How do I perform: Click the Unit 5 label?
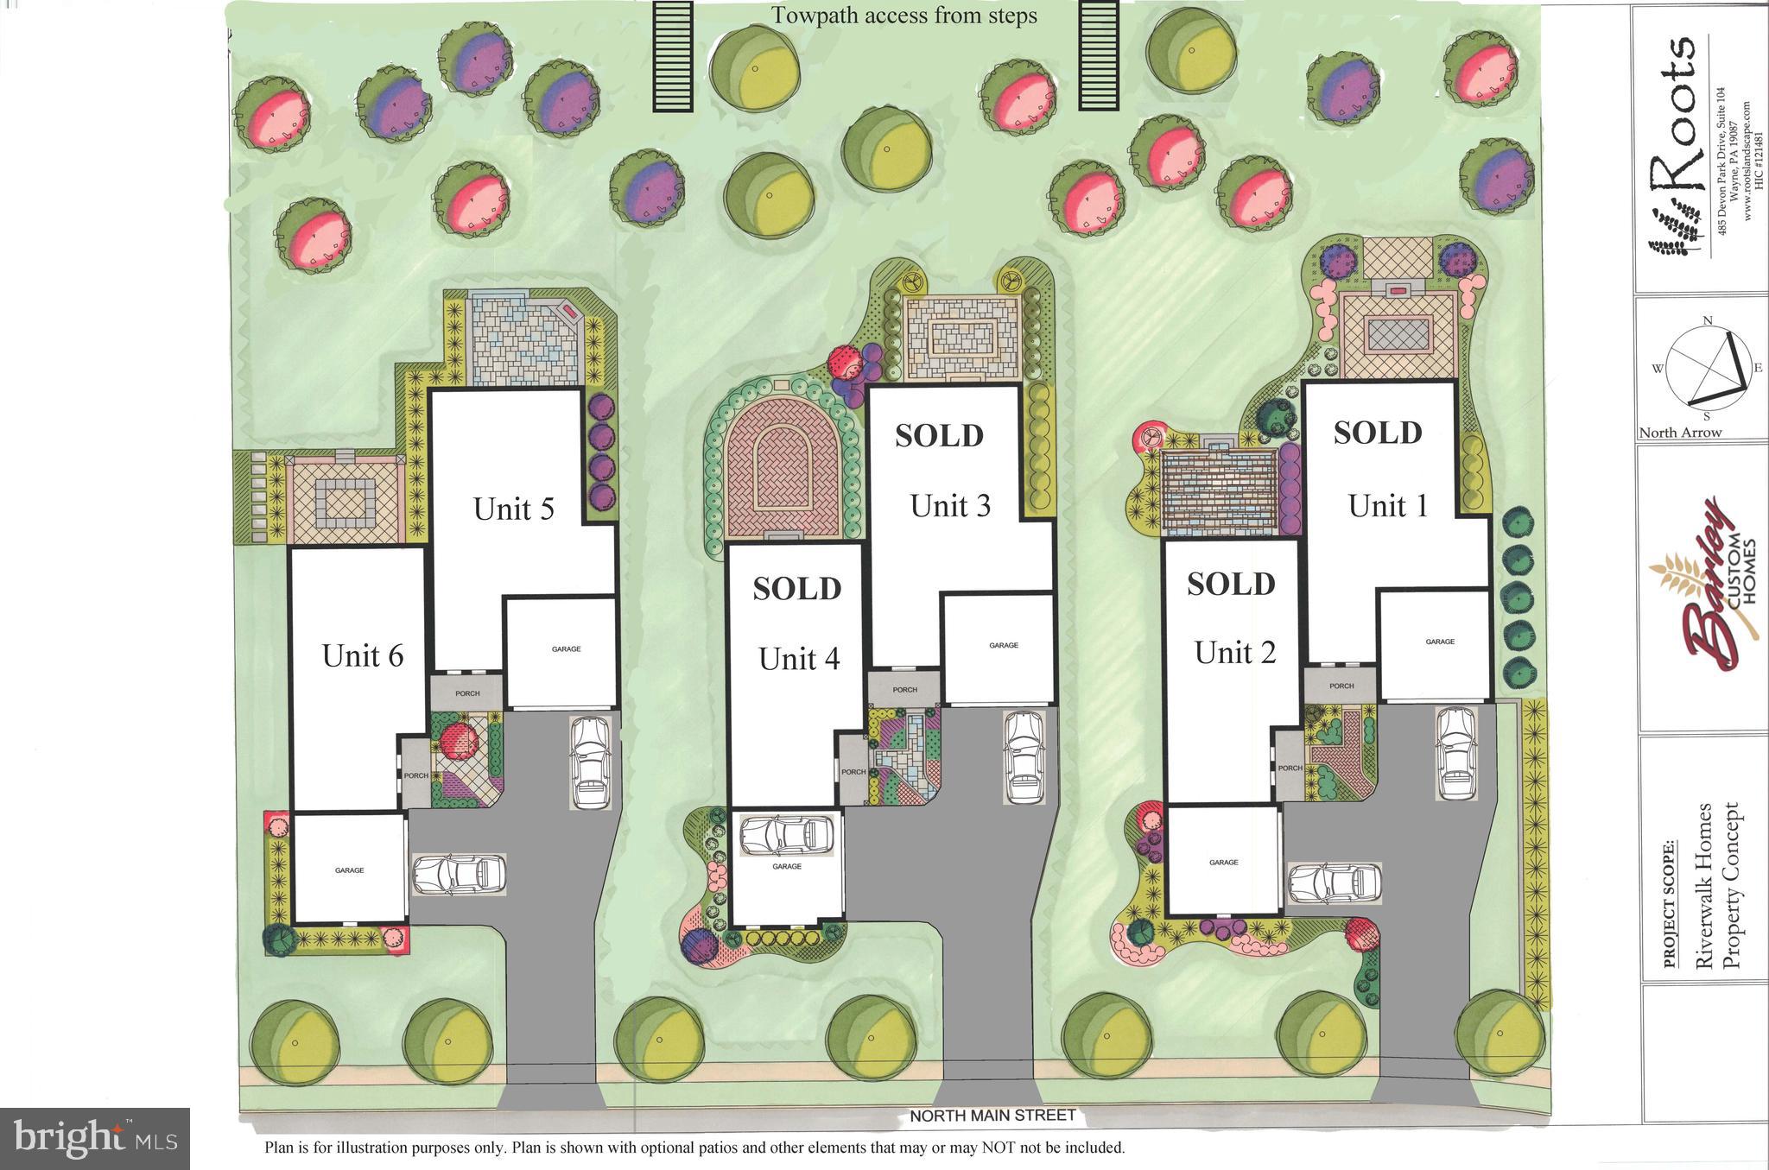[513, 509]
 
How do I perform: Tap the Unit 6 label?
[362, 655]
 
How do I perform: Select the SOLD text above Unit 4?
[796, 589]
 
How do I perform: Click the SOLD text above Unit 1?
[1377, 433]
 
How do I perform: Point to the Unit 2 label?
[1234, 653]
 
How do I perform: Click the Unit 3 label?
[949, 506]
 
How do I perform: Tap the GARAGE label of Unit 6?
[349, 870]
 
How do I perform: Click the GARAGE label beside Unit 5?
[566, 649]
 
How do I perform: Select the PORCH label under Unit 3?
[904, 690]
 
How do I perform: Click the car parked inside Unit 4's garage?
[787, 836]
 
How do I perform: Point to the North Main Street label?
[992, 1116]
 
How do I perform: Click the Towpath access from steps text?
[904, 16]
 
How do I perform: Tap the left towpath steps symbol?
[673, 56]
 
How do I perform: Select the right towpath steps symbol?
[1099, 56]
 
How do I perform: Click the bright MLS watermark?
[94, 1138]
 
